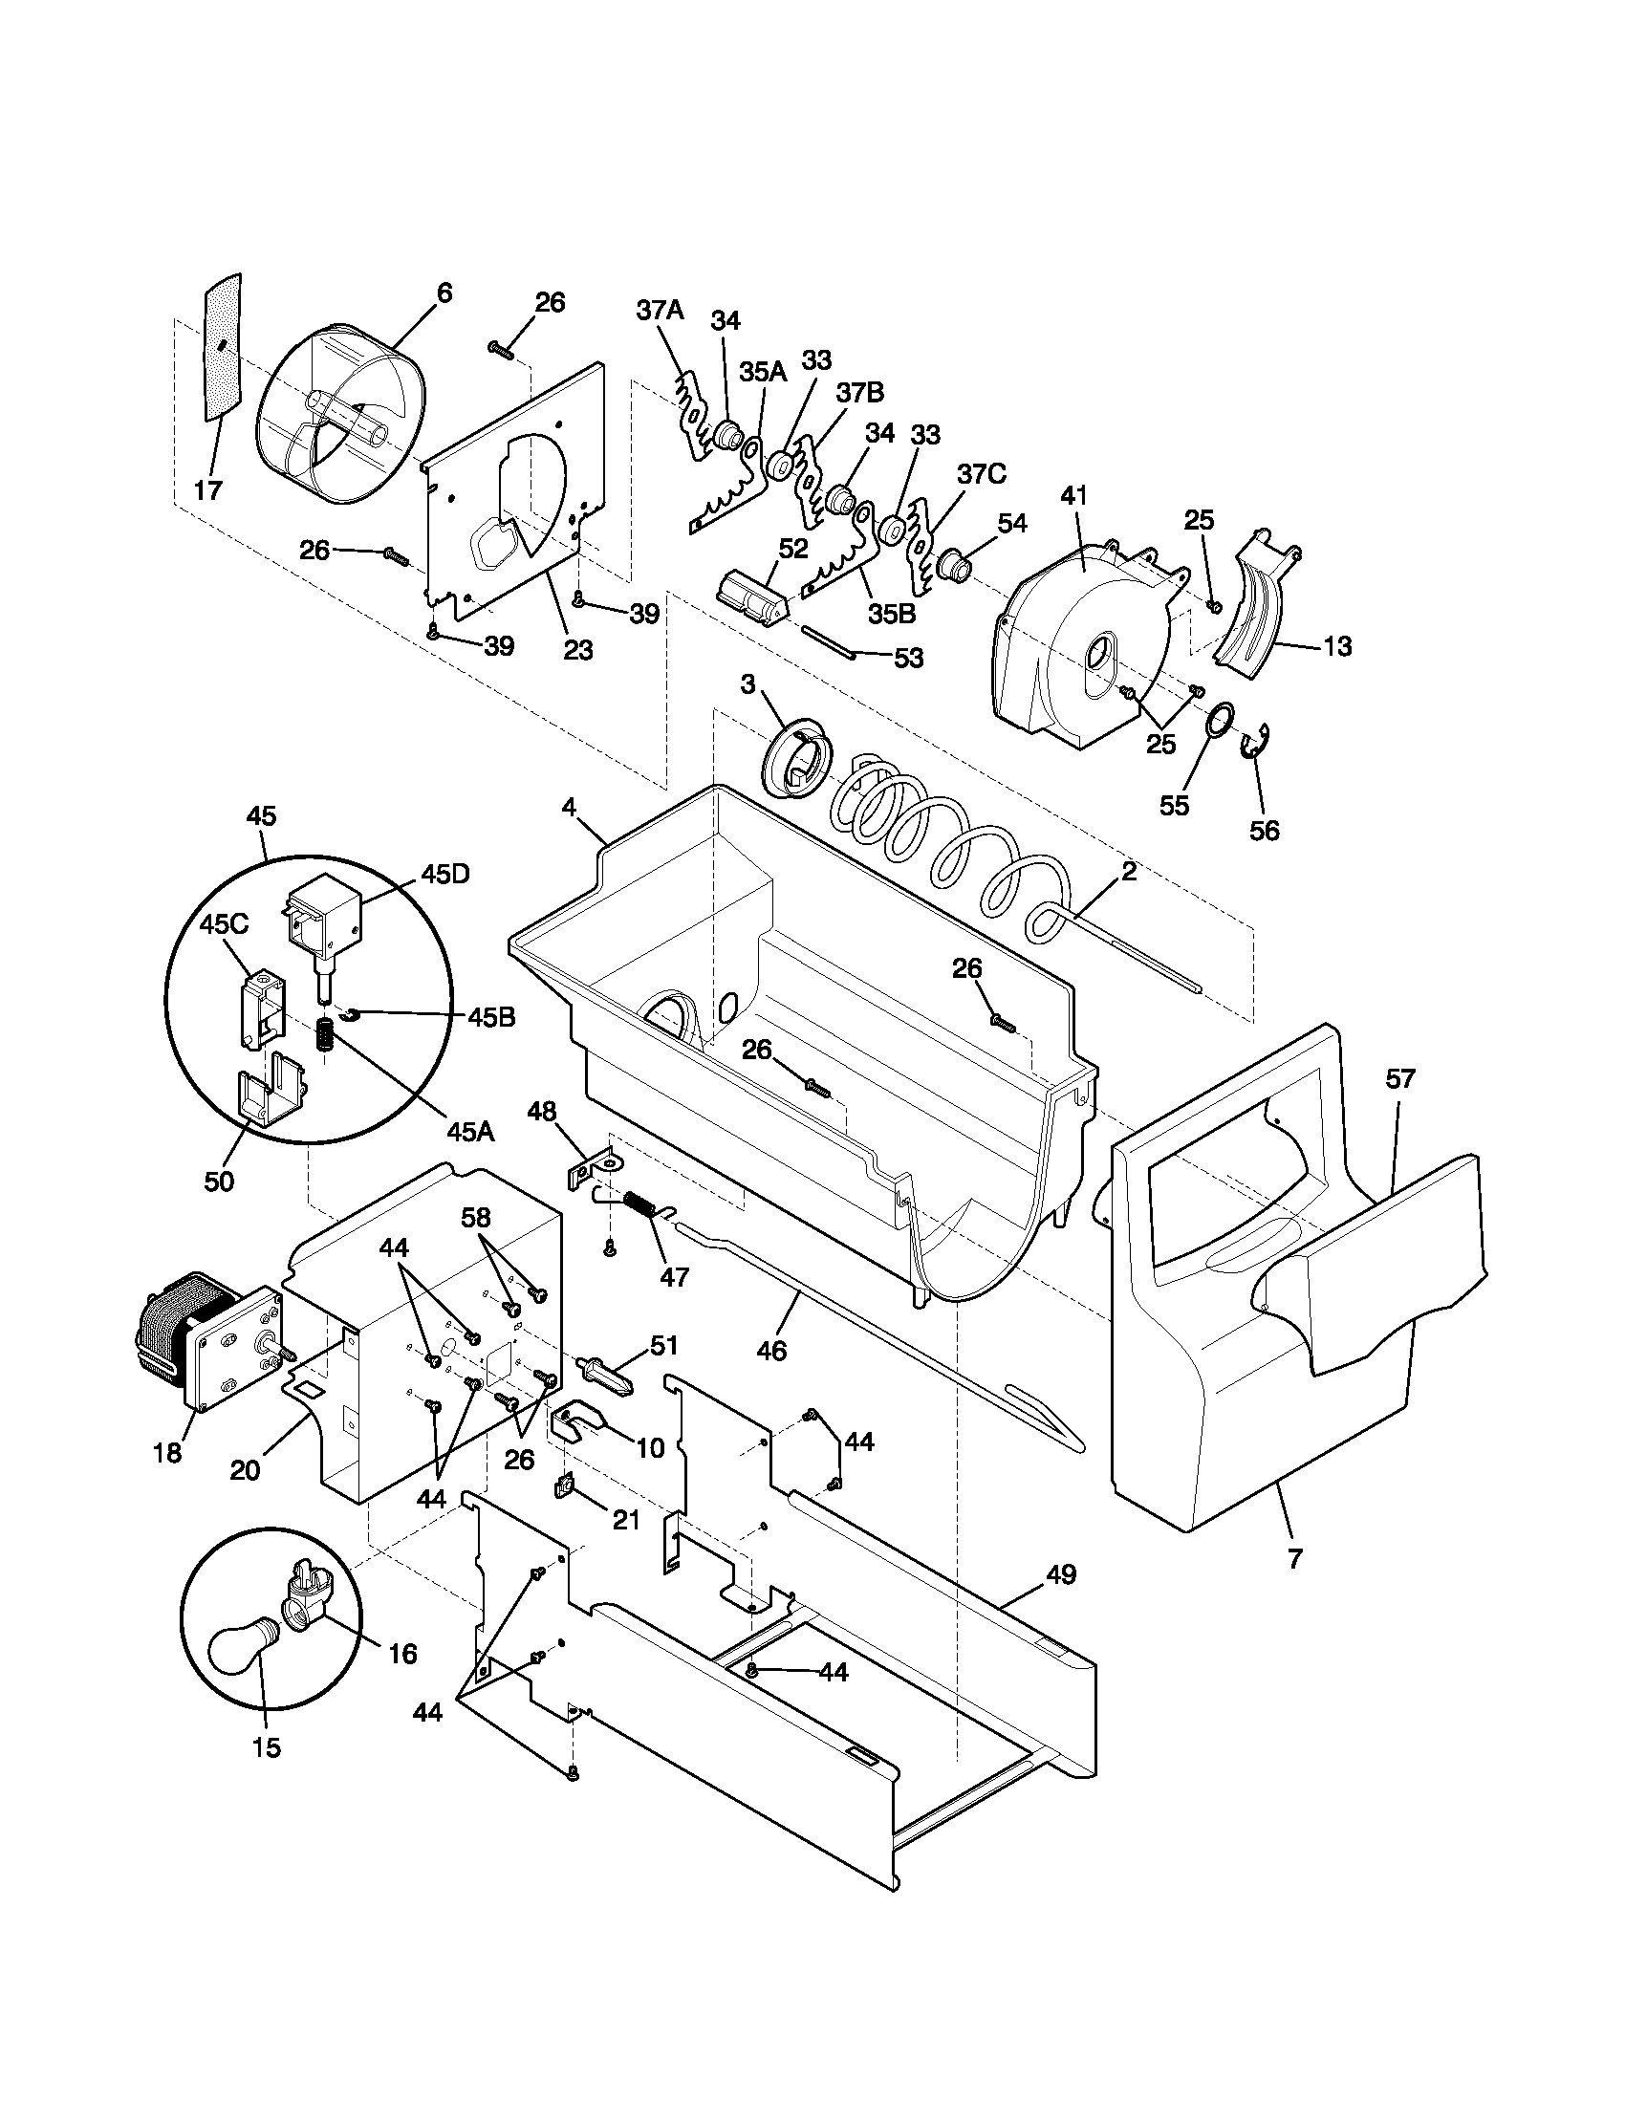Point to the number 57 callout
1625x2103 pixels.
(1399, 1079)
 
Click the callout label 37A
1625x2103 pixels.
(660, 310)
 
